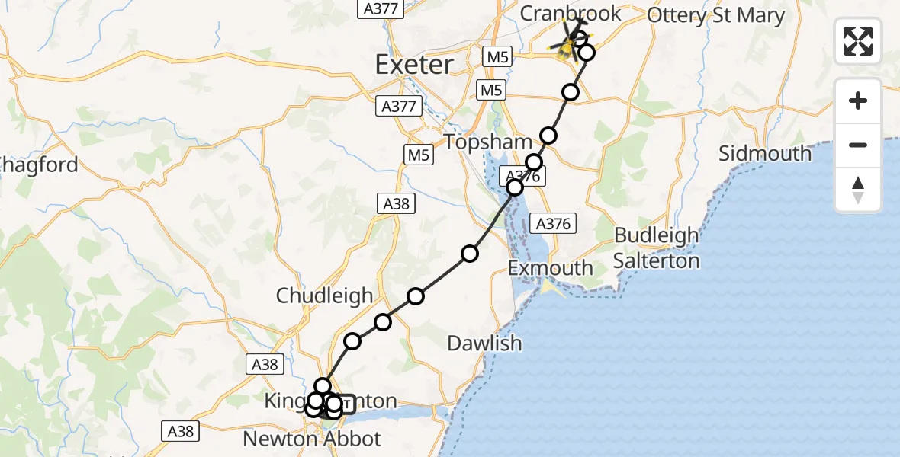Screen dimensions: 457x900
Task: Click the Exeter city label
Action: click(x=414, y=64)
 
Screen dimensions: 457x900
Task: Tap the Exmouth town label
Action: click(x=551, y=268)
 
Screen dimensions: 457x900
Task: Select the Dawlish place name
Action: click(x=484, y=343)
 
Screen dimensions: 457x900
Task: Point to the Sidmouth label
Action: click(x=765, y=153)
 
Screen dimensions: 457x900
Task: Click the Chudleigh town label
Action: click(x=324, y=296)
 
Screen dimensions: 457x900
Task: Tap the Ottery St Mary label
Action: click(x=715, y=15)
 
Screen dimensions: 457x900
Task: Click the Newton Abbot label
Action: click(x=311, y=439)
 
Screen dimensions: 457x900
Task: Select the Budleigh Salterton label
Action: click(x=657, y=248)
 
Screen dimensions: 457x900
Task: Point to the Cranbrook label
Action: click(x=571, y=14)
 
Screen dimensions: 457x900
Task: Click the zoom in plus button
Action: click(x=858, y=101)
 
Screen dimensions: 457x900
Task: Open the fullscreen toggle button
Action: click(x=858, y=40)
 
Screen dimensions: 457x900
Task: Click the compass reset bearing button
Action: click(x=858, y=190)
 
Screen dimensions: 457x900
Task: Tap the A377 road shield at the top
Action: click(x=379, y=8)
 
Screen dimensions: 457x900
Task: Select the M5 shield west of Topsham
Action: click(x=419, y=155)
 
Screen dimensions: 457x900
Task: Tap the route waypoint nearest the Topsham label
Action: click(x=533, y=162)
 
